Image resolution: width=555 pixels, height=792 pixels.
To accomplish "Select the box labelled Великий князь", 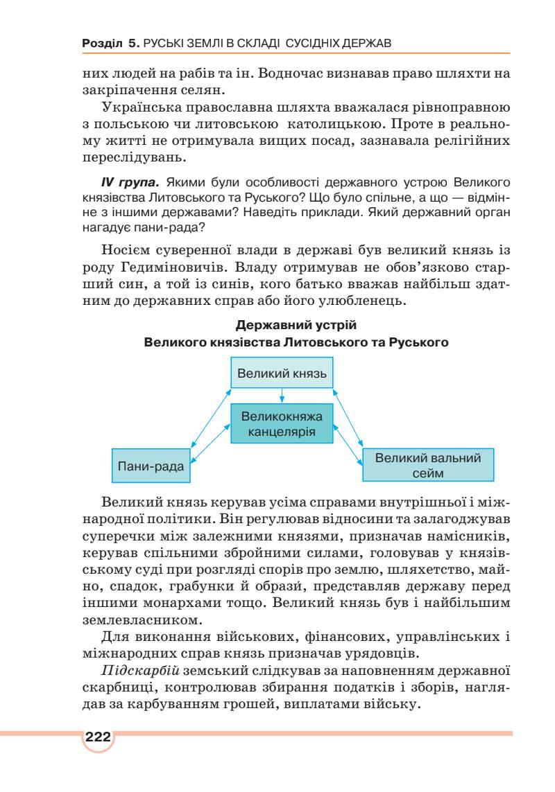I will (282, 373).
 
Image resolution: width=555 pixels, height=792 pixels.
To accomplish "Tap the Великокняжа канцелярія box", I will (282, 423).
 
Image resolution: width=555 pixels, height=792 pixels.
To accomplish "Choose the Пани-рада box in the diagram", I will (151, 466).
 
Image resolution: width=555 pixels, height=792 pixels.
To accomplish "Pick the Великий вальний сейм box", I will (427, 465).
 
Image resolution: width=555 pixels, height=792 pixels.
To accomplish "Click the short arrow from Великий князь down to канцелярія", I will (282, 397).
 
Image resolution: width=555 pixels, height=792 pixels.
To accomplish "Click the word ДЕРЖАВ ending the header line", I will (366, 43).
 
